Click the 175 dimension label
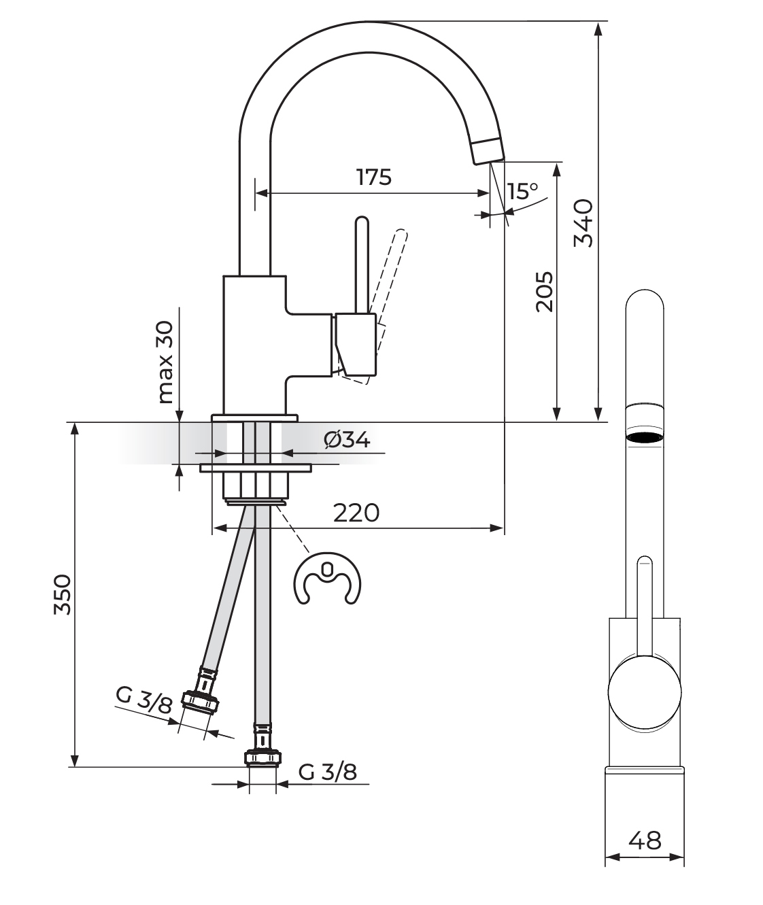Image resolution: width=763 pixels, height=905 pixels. coord(374,177)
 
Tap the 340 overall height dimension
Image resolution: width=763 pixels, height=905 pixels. coord(583,222)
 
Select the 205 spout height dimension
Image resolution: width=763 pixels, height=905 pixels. coord(543,292)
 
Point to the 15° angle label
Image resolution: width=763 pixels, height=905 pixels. coord(522,191)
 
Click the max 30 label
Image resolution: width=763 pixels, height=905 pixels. coord(165,362)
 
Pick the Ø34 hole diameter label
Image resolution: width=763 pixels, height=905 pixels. coord(347,441)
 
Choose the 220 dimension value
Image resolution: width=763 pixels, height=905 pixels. coord(356,513)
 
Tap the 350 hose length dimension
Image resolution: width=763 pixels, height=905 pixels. coord(63,594)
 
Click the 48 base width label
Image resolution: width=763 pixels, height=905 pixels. coord(644,841)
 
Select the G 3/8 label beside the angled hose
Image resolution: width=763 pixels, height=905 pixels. coord(145,700)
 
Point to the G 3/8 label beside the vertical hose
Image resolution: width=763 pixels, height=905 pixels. coord(327,772)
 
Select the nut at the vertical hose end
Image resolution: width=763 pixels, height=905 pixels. coord(262,757)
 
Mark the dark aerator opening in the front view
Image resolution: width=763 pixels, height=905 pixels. coord(644,437)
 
